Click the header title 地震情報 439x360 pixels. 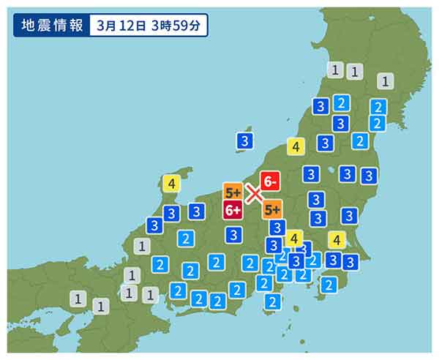52,25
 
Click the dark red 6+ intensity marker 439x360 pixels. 233,211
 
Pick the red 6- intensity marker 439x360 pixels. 271,181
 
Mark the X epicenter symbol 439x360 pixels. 253,194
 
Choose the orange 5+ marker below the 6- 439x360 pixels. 272,209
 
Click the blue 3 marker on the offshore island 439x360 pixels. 245,140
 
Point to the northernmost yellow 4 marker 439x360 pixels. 296,146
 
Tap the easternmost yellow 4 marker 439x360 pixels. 337,239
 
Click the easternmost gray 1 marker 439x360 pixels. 386,81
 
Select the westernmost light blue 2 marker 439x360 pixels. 160,264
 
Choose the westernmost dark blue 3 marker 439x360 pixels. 154,225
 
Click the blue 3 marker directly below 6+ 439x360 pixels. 233,235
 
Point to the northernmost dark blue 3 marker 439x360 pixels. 320,106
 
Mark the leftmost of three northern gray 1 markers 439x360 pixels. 335,70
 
